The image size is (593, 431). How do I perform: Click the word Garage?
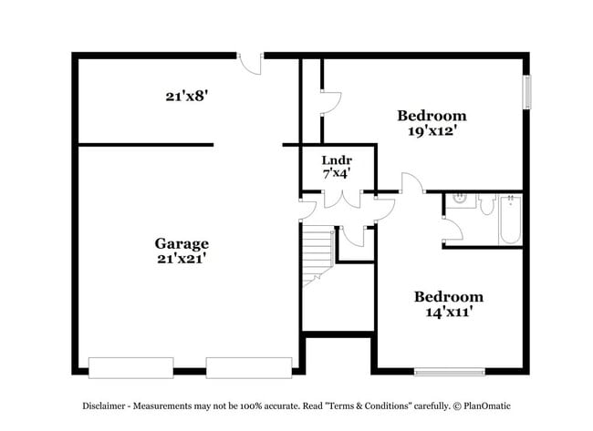point(181,243)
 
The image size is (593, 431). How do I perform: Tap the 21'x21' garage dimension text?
point(181,259)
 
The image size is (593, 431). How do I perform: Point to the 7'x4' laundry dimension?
point(337,171)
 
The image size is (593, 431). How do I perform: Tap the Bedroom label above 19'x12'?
point(432,116)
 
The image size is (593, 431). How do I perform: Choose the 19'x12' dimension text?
point(432,130)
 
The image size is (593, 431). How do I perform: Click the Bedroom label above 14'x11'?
point(448,297)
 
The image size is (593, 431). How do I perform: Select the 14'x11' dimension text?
point(448,312)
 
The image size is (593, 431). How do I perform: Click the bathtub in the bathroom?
point(510,221)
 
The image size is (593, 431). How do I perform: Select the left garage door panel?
point(130,367)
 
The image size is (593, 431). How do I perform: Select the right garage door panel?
point(248,367)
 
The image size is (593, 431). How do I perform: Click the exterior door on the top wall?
point(250,62)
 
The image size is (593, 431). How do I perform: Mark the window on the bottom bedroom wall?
point(449,371)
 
